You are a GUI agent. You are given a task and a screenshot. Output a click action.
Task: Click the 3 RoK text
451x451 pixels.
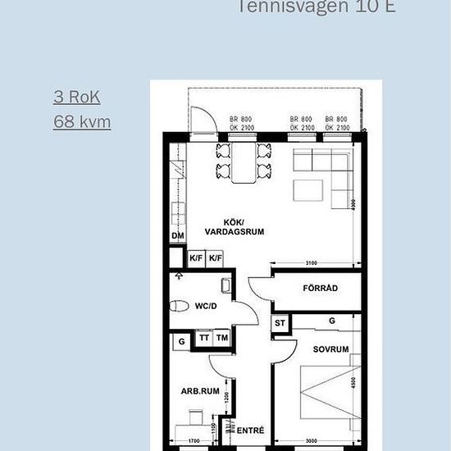[x=77, y=97]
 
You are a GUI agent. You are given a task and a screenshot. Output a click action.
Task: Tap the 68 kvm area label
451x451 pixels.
[x=82, y=122]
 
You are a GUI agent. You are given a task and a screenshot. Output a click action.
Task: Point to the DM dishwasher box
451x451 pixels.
[x=177, y=236]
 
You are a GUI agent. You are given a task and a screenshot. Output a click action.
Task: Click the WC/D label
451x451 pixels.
[x=204, y=307]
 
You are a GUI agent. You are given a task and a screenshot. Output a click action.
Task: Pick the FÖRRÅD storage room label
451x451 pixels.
[x=320, y=289]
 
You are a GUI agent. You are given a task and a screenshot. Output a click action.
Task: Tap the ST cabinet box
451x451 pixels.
[x=279, y=323]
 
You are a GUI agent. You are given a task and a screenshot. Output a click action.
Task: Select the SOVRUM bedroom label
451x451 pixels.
[x=330, y=348]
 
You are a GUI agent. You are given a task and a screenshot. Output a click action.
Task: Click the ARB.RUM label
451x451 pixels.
[x=200, y=391]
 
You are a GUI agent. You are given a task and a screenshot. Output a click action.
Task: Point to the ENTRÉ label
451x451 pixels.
[x=251, y=430]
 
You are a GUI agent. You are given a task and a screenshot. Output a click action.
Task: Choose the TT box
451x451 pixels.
[x=204, y=338]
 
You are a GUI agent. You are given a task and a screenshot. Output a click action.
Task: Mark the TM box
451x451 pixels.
[x=222, y=338]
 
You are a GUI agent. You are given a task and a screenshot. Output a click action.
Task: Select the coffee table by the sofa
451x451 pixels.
[x=309, y=190]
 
